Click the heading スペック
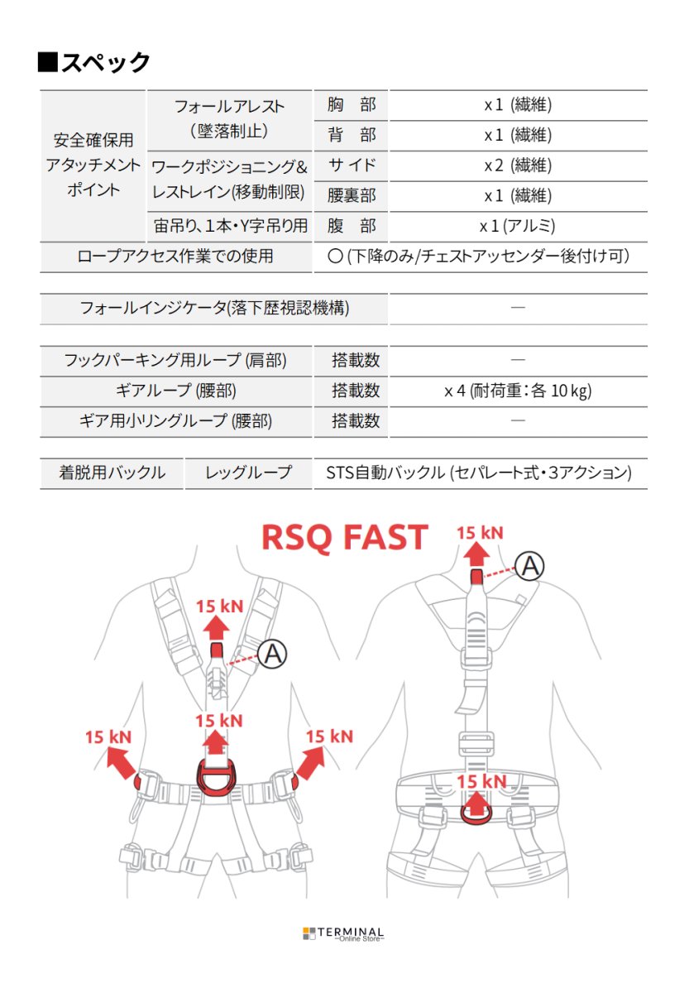(94, 62)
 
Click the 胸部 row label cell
(351, 105)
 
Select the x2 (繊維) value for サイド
(518, 165)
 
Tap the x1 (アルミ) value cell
(518, 226)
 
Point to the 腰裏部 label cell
(351, 195)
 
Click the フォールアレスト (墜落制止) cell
(229, 119)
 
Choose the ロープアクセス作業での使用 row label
(175, 257)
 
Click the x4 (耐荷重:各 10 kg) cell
(518, 391)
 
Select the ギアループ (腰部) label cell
(175, 391)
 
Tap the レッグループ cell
(248, 473)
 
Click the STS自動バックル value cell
(480, 473)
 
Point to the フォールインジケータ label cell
(213, 309)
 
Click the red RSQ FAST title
(344, 538)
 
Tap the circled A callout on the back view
(530, 566)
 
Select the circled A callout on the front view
(272, 654)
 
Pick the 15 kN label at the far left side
(108, 736)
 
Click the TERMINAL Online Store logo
(343, 933)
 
